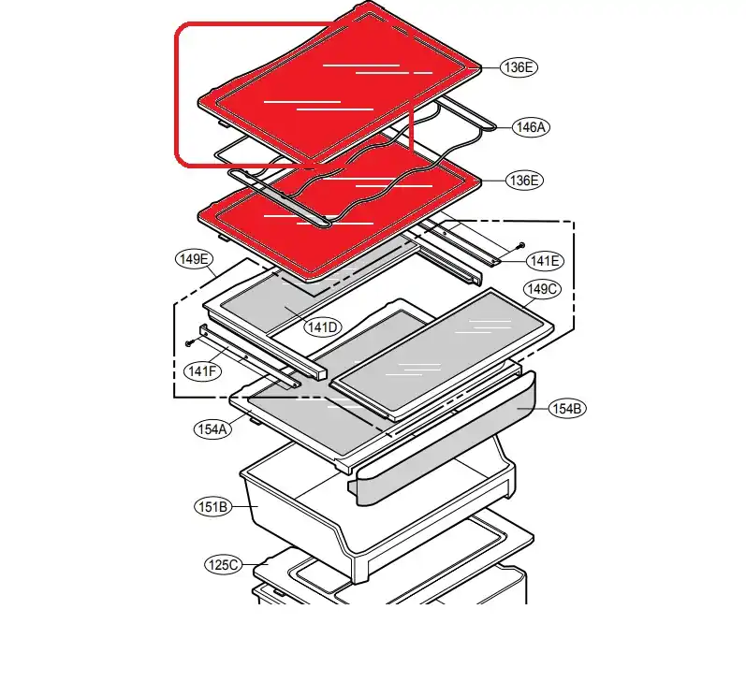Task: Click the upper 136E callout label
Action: (x=519, y=67)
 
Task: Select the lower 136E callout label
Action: (x=524, y=181)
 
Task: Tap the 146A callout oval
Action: (x=531, y=127)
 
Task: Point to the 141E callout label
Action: (x=545, y=261)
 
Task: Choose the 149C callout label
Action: (x=542, y=289)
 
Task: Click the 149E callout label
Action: (x=194, y=259)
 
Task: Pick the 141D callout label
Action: (x=323, y=327)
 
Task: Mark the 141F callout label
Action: (x=202, y=371)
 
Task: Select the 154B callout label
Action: (x=567, y=409)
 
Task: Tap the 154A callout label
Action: (x=212, y=429)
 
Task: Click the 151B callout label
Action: (x=212, y=507)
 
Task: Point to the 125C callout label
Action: (x=223, y=565)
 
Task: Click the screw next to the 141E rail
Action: (x=520, y=245)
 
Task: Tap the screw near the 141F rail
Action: (x=189, y=342)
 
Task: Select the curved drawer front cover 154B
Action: (x=443, y=438)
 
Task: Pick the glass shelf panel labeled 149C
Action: (x=443, y=355)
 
